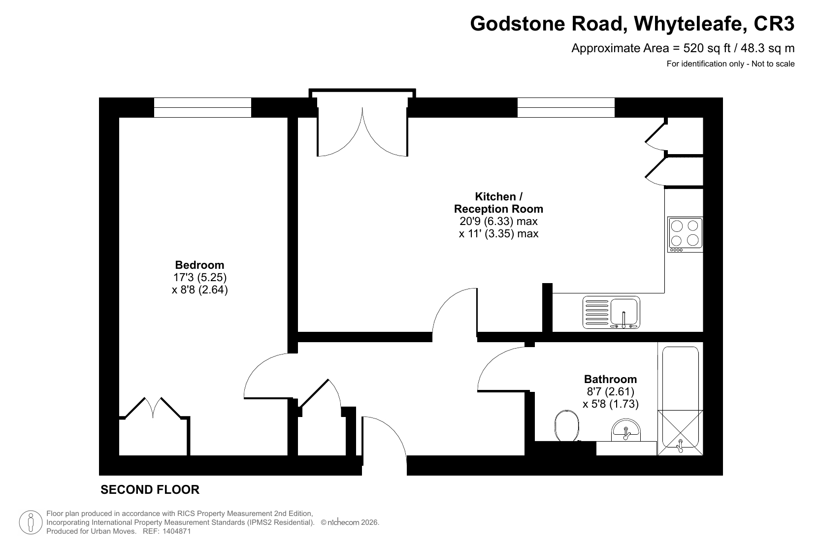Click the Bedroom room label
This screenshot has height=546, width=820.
pyautogui.click(x=199, y=264)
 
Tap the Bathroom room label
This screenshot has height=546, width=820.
pyautogui.click(x=610, y=379)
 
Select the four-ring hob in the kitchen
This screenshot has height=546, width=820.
pyautogui.click(x=685, y=234)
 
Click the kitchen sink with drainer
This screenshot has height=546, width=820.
pyautogui.click(x=611, y=312)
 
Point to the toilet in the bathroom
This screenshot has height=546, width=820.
pyautogui.click(x=567, y=425)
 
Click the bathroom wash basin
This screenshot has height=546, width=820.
pyautogui.click(x=625, y=430)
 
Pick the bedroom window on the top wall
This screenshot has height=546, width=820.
pyautogui.click(x=202, y=108)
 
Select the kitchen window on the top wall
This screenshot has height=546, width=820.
pyautogui.click(x=566, y=108)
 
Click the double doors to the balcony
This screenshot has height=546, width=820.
pyautogui.click(x=362, y=132)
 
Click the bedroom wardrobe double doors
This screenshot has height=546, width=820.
pyautogui.click(x=153, y=408)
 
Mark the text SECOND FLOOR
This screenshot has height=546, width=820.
pyautogui.click(x=150, y=490)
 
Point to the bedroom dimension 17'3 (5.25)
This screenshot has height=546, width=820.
pyautogui.click(x=200, y=277)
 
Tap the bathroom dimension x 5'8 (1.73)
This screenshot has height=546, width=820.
pyautogui.click(x=610, y=404)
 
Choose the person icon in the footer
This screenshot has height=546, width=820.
pyautogui.click(x=31, y=522)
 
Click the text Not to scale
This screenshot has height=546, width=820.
pyautogui.click(x=773, y=64)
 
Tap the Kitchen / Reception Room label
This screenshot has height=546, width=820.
pyautogui.click(x=498, y=203)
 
